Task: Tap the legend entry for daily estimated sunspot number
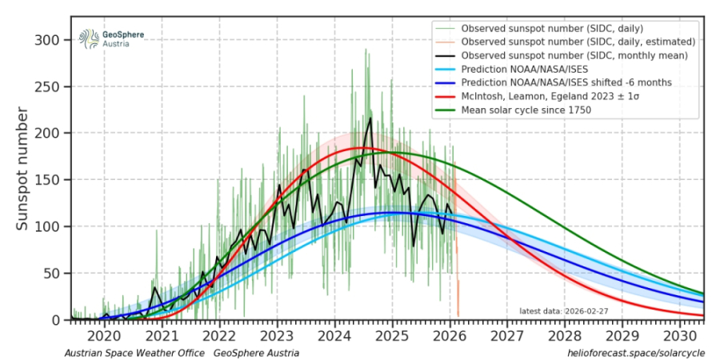point(569,41)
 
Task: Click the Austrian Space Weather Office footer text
point(134,353)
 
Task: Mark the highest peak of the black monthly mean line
point(370,118)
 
